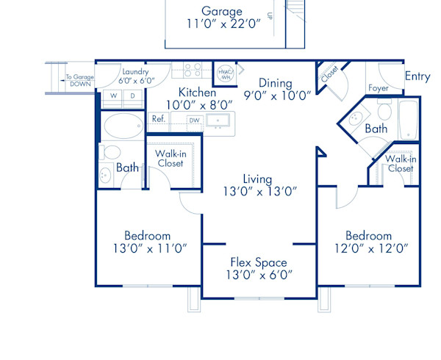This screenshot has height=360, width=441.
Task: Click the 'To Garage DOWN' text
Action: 79,80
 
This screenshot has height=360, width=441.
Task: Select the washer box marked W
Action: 114,96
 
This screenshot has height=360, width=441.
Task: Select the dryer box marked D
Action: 132,96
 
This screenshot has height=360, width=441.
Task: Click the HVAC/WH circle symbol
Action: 225,72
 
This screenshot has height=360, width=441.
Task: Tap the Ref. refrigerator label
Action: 158,118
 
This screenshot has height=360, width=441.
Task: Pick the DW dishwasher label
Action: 194,120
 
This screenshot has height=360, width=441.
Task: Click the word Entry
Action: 417,76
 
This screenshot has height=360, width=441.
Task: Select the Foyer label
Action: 378,89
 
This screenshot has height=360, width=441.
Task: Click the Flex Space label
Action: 258,262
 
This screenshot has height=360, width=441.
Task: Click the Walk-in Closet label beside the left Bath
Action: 171,158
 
